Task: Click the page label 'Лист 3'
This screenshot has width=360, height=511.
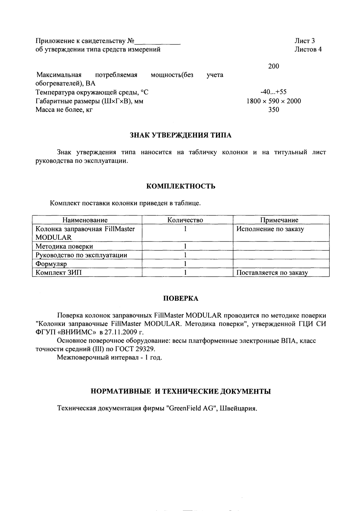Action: pyautogui.click(x=304, y=41)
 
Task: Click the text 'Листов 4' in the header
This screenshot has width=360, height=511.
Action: pyautogui.click(x=308, y=49)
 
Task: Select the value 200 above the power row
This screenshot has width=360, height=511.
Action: pyautogui.click(x=273, y=66)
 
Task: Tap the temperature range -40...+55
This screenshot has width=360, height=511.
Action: pyautogui.click(x=273, y=92)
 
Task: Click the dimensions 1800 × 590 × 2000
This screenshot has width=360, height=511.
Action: pyautogui.click(x=273, y=101)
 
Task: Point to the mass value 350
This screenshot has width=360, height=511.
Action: pyautogui.click(x=273, y=110)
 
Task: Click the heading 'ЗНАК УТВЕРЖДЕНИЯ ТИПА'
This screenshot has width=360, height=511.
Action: pyautogui.click(x=180, y=135)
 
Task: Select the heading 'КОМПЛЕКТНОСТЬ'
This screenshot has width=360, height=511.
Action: pyautogui.click(x=181, y=186)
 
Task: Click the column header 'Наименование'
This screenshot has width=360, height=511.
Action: pyautogui.click(x=85, y=220)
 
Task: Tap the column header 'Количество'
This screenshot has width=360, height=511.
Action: pyautogui.click(x=185, y=220)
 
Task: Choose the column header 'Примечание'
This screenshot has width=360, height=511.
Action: pyautogui.click(x=279, y=220)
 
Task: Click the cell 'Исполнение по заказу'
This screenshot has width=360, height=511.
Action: pyautogui.click(x=270, y=229)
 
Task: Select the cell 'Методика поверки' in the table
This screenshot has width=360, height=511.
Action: pyautogui.click(x=64, y=246)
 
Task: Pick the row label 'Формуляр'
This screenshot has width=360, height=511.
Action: pyautogui.click(x=51, y=264)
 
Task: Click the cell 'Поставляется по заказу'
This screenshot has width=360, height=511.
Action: pyautogui.click(x=272, y=273)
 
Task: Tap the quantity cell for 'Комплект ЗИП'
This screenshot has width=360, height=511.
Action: pyautogui.click(x=186, y=273)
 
